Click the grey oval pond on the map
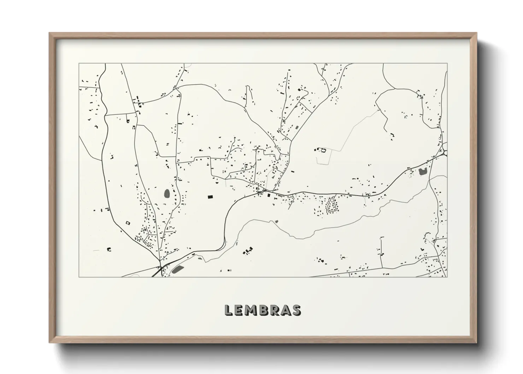pyautogui.click(x=167, y=193)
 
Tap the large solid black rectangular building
pyautogui.click(x=210, y=196)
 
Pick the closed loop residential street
pyautogui.click(x=332, y=205)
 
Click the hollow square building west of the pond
pyautogui.click(x=128, y=223)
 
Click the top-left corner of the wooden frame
pyautogui.click(x=49, y=33)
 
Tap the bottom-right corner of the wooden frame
pyautogui.click(x=477, y=343)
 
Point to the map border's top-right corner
pyautogui.click(x=447, y=64)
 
